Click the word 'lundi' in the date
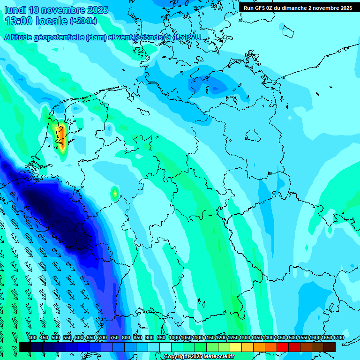(15, 10)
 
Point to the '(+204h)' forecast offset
(83, 21)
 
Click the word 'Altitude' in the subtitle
(21, 37)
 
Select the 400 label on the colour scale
(32, 338)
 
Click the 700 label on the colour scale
(103, 338)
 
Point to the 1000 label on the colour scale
(174, 338)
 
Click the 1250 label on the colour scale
(233, 338)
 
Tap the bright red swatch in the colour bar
(283, 347)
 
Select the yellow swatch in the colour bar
(236, 347)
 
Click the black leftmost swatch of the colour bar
(25, 347)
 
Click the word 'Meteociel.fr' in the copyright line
(218, 357)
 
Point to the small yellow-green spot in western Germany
(114, 192)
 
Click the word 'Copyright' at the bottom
(176, 357)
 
